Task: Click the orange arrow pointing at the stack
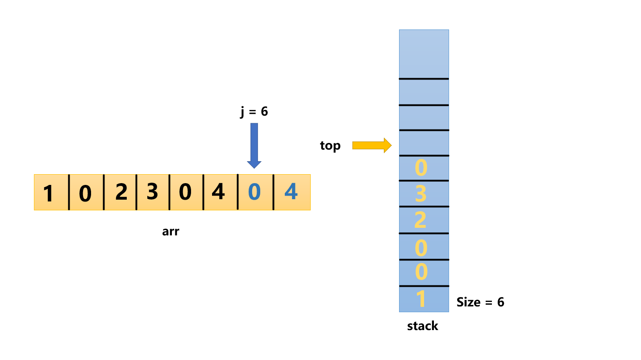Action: (x=371, y=145)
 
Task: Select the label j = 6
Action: (x=254, y=112)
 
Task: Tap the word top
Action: (x=330, y=146)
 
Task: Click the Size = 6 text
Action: (x=480, y=302)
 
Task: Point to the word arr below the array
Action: (x=171, y=232)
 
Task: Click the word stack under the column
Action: (x=423, y=326)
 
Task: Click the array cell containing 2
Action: (x=120, y=193)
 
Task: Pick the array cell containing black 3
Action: (x=153, y=193)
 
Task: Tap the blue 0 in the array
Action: (x=254, y=193)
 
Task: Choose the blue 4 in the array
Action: (x=291, y=193)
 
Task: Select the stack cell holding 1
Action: (x=423, y=299)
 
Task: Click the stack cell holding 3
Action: (x=423, y=194)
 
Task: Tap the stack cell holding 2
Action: (x=423, y=220)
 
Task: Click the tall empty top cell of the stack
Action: (x=423, y=54)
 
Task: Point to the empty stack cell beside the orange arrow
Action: (x=423, y=143)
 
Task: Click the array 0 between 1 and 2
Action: (x=86, y=193)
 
